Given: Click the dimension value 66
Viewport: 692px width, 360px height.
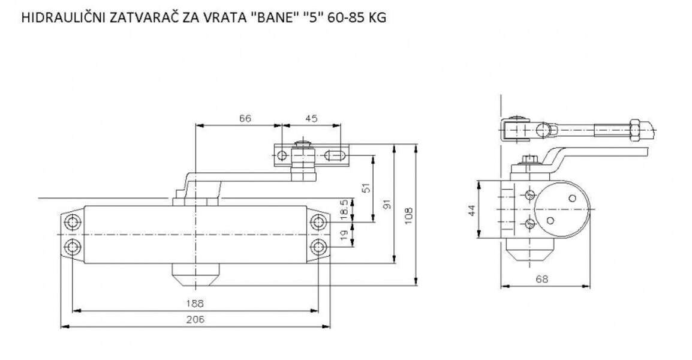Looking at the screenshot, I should (245, 119).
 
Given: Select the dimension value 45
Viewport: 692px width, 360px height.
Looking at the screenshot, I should (311, 119).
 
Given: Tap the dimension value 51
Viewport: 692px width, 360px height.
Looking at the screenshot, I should (367, 188).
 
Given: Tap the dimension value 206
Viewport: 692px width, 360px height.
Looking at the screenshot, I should (195, 319).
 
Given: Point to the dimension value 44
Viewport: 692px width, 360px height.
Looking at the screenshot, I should (471, 210).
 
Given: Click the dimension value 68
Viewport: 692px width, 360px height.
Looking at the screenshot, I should (541, 279).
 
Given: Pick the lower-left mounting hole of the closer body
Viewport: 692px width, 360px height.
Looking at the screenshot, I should (73, 246).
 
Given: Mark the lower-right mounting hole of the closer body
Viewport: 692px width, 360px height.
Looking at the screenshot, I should (318, 246).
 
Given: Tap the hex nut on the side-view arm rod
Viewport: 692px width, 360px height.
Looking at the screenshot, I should (637, 130).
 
